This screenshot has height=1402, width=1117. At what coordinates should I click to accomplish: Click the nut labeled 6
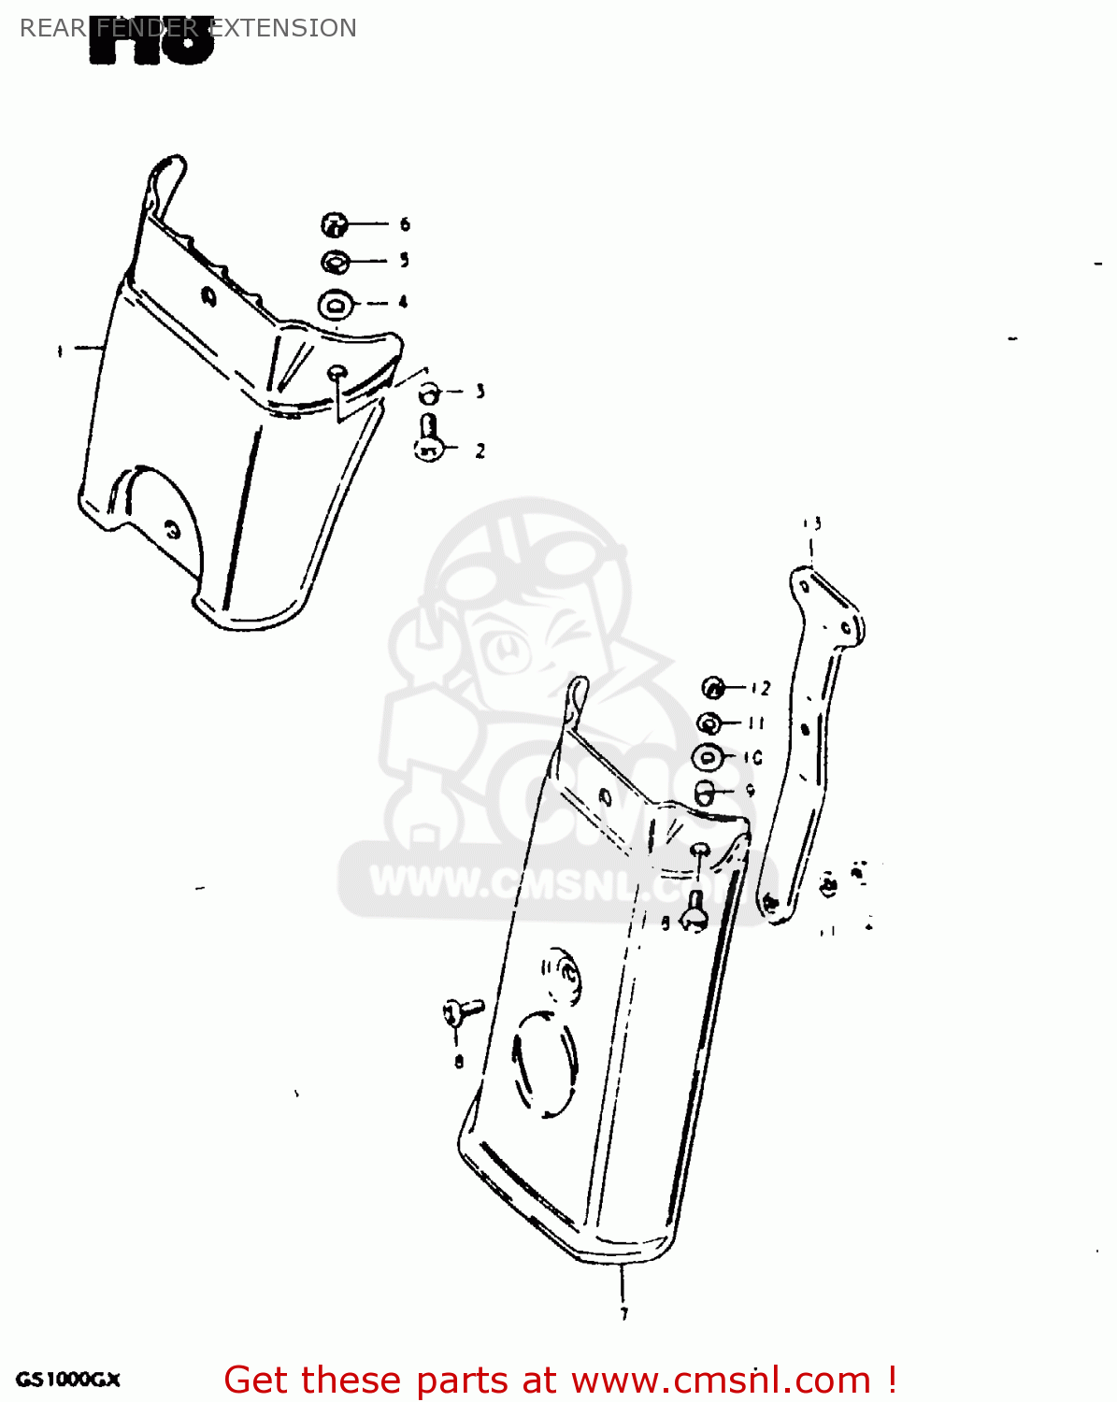[335, 224]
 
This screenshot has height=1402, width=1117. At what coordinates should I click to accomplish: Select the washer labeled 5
[336, 262]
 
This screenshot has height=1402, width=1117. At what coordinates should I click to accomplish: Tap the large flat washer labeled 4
[336, 305]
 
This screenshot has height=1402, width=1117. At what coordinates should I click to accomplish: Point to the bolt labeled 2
[428, 439]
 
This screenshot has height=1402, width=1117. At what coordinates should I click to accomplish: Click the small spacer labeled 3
[428, 393]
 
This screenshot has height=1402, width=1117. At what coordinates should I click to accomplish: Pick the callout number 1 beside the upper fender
[60, 350]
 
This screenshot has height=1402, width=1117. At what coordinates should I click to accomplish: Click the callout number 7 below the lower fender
[623, 1313]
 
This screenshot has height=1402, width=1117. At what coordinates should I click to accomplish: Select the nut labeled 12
[713, 689]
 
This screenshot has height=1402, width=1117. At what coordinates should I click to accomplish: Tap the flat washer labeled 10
[708, 757]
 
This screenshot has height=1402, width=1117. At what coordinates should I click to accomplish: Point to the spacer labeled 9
[705, 793]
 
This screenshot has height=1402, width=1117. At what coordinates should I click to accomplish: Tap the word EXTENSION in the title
[282, 28]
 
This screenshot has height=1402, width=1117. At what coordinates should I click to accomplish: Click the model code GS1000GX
[67, 1380]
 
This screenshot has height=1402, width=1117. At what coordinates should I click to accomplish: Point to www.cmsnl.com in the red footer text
[721, 1380]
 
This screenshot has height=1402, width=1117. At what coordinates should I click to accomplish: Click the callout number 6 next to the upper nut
[405, 224]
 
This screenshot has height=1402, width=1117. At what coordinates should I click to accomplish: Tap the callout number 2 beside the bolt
[480, 451]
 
